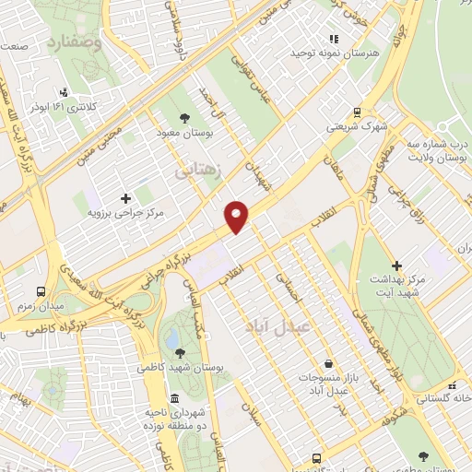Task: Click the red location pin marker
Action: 237,217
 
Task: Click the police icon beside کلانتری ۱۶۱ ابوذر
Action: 64,91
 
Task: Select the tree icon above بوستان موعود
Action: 184,118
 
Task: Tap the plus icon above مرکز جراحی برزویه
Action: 126,197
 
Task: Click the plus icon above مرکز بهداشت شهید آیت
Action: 397,265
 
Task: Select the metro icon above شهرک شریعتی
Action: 357,112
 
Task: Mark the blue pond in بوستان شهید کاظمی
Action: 171,339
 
